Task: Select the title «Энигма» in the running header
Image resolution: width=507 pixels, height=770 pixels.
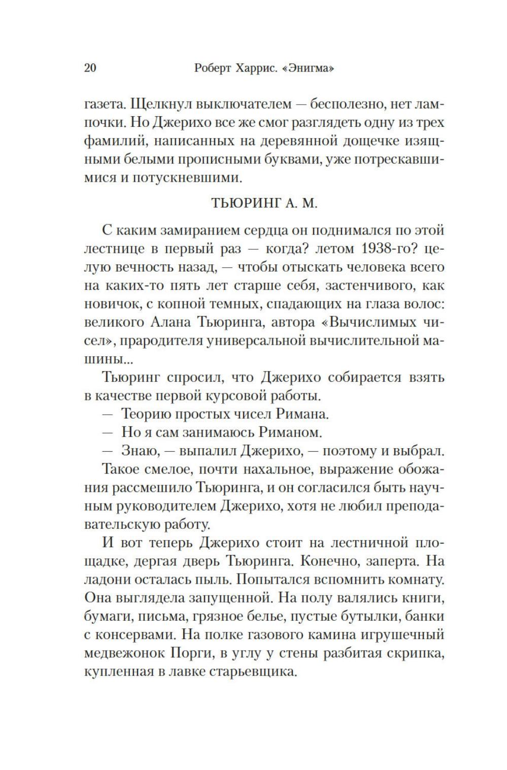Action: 309,68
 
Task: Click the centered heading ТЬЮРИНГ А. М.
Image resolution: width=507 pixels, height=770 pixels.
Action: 263,203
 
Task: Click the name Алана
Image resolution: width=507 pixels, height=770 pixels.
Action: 173,322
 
